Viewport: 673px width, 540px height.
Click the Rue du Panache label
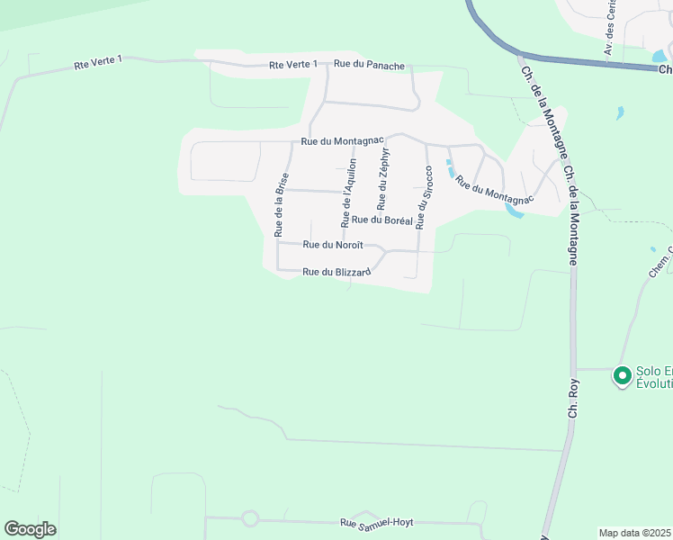click(x=369, y=65)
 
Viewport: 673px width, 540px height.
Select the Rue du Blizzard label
click(x=336, y=272)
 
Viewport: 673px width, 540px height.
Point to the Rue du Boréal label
click(x=381, y=220)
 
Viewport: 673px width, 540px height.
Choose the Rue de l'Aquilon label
click(x=350, y=192)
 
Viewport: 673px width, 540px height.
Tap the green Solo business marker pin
click(x=621, y=375)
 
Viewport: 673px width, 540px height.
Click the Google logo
click(x=30, y=529)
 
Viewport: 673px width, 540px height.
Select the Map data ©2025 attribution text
click(x=634, y=533)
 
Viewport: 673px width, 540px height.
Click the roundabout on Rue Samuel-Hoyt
click(x=250, y=518)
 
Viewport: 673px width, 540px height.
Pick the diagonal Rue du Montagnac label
click(x=489, y=185)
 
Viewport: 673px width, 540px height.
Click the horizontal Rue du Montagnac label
click(x=342, y=141)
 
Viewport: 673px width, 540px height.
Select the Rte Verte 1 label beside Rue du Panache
click(x=293, y=65)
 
